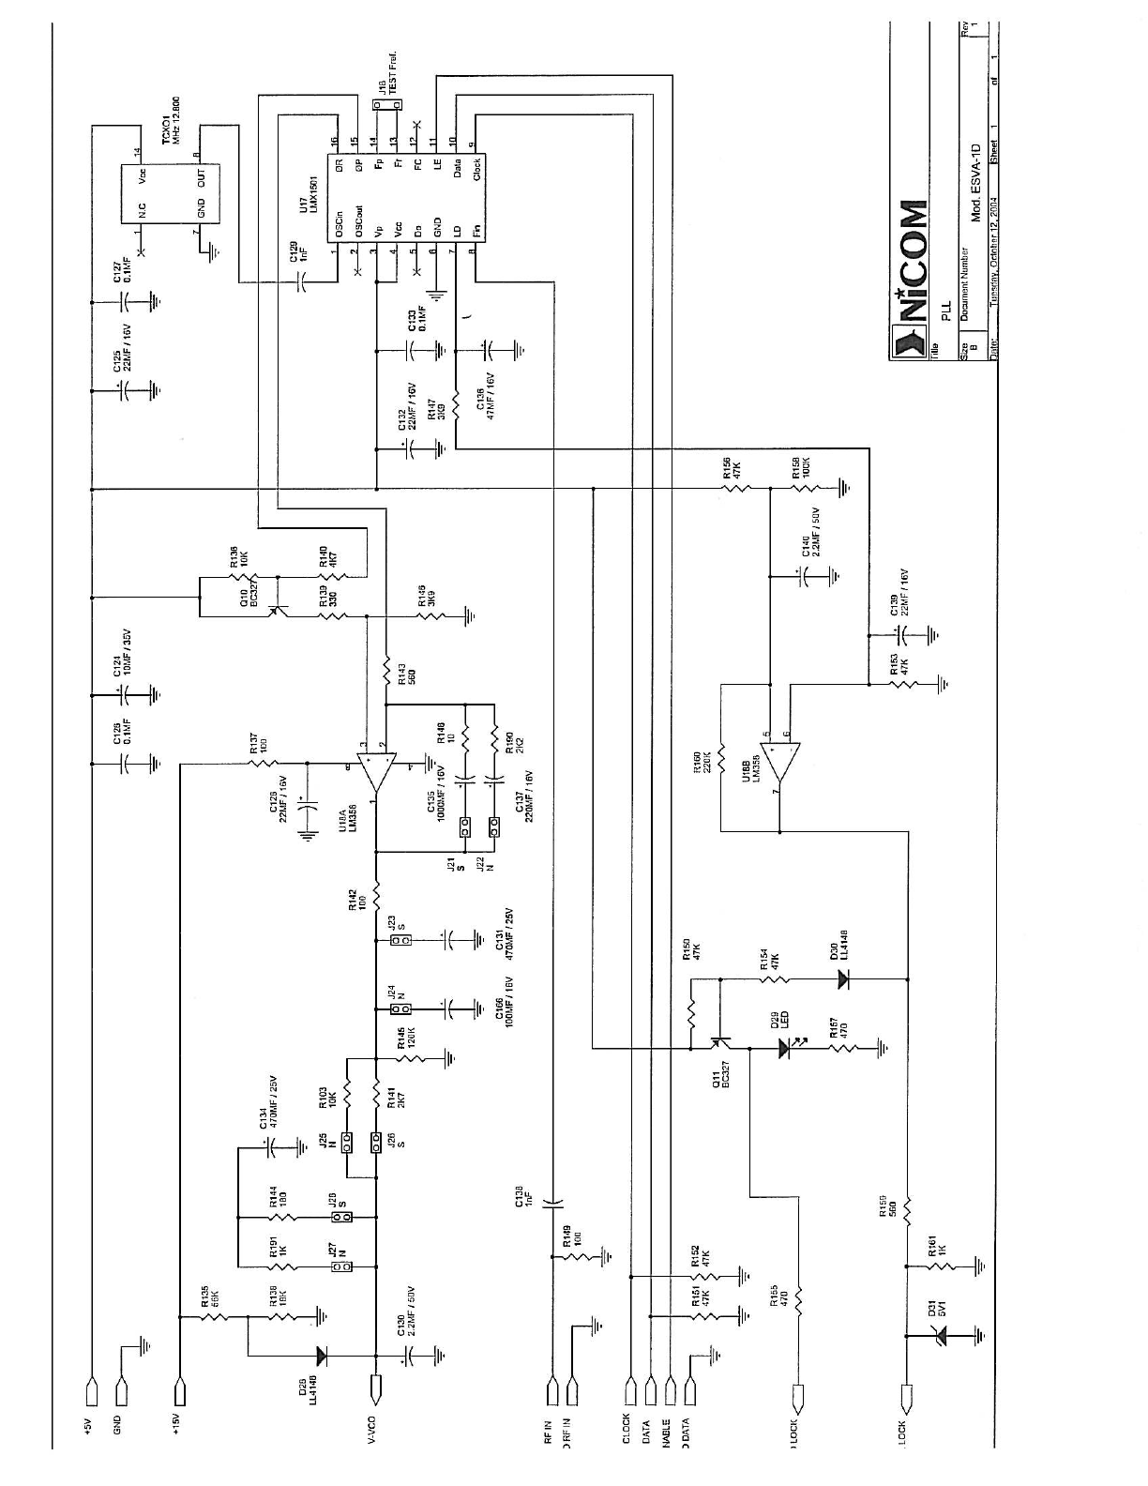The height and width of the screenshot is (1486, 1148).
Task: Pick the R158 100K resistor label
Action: [798, 466]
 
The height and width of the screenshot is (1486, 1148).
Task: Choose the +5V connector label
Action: [88, 1425]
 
